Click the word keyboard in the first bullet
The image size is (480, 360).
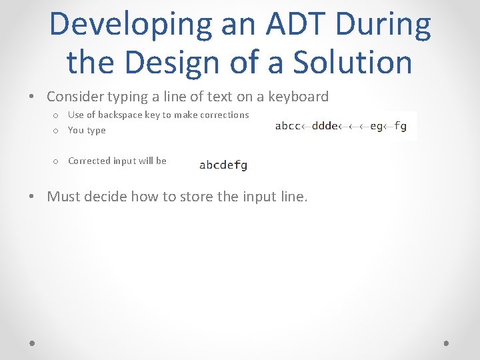[298, 97]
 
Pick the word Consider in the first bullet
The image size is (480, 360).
[75, 97]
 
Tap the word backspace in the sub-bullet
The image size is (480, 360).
[119, 115]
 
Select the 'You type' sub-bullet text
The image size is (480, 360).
[87, 130]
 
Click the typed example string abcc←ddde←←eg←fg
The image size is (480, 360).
[341, 126]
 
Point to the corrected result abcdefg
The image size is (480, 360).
[223, 165]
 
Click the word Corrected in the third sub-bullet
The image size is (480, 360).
[89, 161]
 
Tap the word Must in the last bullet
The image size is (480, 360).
[63, 197]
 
